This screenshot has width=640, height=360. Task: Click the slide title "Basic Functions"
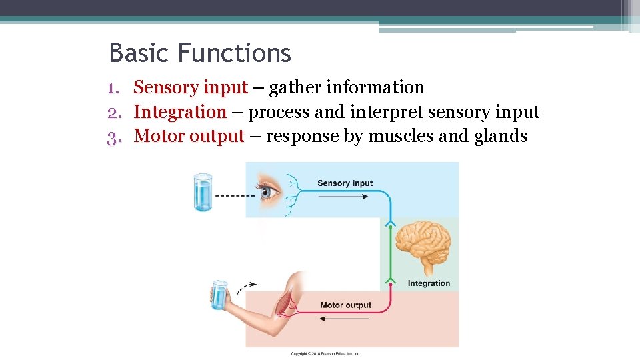[x=200, y=53]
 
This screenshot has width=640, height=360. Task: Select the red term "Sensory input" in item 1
[x=191, y=87]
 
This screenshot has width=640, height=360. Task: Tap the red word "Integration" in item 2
[x=180, y=112]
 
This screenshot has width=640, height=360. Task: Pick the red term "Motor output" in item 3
[x=189, y=137]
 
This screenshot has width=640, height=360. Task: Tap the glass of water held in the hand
[x=219, y=295]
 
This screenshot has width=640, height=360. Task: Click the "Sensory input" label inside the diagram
[x=345, y=183]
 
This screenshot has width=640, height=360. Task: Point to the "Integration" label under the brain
[x=429, y=283]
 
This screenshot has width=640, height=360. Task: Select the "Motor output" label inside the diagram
[x=345, y=305]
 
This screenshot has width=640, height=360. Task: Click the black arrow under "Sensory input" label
[x=344, y=195]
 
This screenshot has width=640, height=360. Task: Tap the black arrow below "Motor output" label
[x=344, y=318]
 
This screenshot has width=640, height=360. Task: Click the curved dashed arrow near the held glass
[x=245, y=287]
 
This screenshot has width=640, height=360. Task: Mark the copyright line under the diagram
[x=325, y=353]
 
